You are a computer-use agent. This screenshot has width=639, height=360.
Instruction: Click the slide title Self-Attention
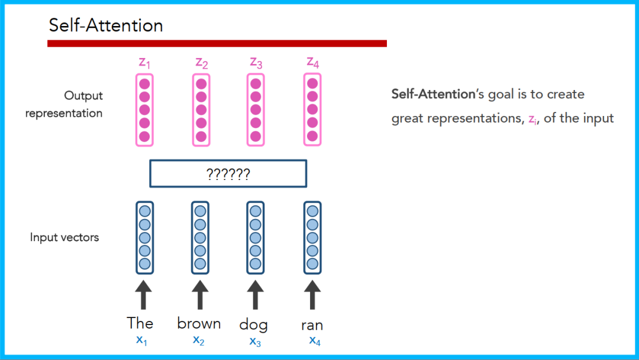(106, 25)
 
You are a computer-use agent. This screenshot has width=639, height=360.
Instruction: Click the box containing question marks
(228, 173)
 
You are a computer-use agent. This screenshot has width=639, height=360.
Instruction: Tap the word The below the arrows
(140, 323)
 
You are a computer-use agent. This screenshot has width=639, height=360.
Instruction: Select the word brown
(199, 323)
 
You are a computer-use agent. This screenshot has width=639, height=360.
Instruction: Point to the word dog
(253, 324)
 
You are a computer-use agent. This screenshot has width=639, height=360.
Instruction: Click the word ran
(312, 325)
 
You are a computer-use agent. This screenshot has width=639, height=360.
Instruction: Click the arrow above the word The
(143, 294)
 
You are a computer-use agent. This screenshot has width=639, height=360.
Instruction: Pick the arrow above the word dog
(255, 294)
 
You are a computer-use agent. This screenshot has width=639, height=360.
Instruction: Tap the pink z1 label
(144, 62)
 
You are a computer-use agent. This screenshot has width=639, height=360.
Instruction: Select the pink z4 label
(313, 62)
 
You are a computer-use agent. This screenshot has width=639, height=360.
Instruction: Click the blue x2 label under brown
(198, 340)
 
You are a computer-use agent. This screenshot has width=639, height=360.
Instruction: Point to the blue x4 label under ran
(314, 340)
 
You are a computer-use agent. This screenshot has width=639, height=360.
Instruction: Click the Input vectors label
(64, 237)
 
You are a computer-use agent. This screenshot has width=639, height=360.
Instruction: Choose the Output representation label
(64, 104)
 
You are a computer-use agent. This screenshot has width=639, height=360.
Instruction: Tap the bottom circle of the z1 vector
(144, 136)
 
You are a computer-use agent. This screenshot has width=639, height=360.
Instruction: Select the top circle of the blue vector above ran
(312, 211)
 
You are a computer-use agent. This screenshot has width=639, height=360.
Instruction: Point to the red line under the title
(217, 43)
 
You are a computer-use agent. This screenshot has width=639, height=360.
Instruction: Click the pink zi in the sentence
(531, 118)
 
